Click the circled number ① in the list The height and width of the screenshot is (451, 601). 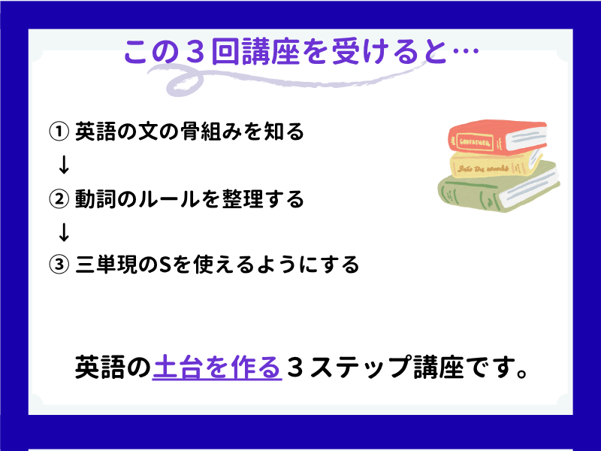pyautogui.click(x=59, y=132)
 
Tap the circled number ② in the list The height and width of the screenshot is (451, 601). pyautogui.click(x=59, y=199)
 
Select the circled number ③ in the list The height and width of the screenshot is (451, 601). pyautogui.click(x=59, y=265)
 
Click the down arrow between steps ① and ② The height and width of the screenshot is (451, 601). pyautogui.click(x=64, y=165)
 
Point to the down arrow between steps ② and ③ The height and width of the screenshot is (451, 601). pyautogui.click(x=64, y=232)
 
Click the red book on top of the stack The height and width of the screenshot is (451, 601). pyautogui.click(x=497, y=137)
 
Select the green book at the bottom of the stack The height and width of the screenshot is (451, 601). pyautogui.click(x=499, y=187)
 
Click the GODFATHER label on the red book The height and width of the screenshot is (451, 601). pyautogui.click(x=475, y=143)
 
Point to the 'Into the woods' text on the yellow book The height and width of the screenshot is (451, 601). pyautogui.click(x=483, y=168)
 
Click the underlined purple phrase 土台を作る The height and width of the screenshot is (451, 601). pyautogui.click(x=217, y=368)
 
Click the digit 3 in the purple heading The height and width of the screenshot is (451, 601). pyautogui.click(x=195, y=52)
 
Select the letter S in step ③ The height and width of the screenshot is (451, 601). pyautogui.click(x=165, y=265)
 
